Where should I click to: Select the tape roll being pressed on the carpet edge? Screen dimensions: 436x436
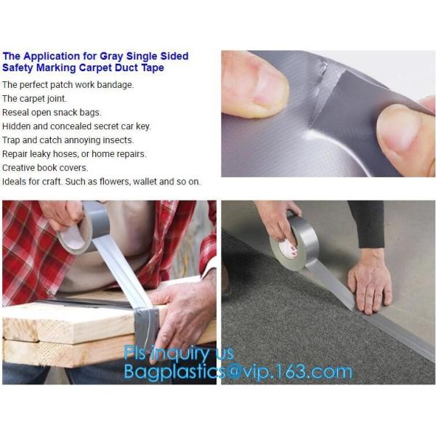tap(294, 243)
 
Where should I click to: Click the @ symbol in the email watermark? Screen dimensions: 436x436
tap(233, 371)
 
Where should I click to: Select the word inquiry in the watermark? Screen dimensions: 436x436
tap(179, 354)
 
